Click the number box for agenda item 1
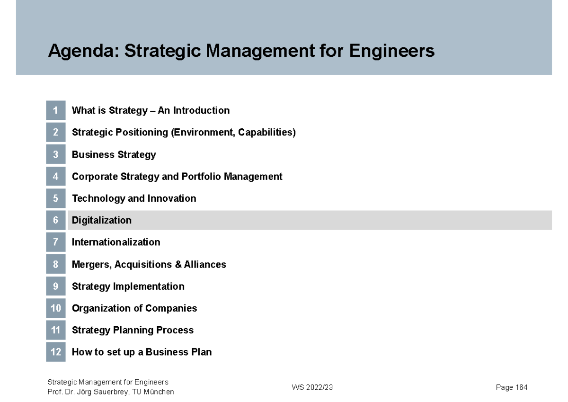click(x=56, y=110)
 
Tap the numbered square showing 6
click(x=56, y=220)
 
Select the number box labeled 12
click(x=56, y=352)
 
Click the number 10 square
click(x=56, y=308)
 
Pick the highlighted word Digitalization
click(x=102, y=220)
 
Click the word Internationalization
click(x=116, y=242)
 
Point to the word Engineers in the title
click(x=392, y=51)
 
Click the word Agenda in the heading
click(x=84, y=51)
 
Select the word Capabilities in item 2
click(x=267, y=133)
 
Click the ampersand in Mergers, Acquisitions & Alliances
click(x=178, y=264)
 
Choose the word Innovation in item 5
click(x=172, y=198)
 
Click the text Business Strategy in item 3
click(x=114, y=155)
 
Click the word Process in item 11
click(x=175, y=330)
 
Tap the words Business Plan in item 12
click(x=178, y=352)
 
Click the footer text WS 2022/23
click(x=312, y=387)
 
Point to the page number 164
click(x=521, y=387)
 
